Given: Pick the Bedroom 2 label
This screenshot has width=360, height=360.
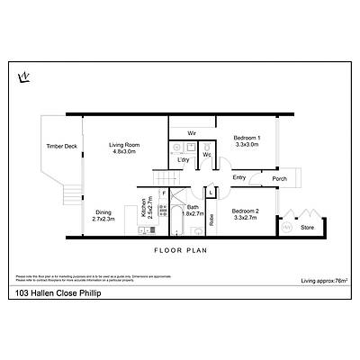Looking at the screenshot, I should pyautogui.click(x=246, y=215).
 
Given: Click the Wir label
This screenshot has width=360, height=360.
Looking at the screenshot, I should pyautogui.click(x=192, y=133).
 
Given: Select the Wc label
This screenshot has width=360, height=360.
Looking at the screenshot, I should pyautogui.click(x=207, y=155).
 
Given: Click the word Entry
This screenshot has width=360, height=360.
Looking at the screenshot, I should pyautogui.click(x=238, y=177).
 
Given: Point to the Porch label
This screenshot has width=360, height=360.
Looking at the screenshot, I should pyautogui.click(x=280, y=177).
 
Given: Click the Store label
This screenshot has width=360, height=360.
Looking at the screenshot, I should pyautogui.click(x=308, y=228).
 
